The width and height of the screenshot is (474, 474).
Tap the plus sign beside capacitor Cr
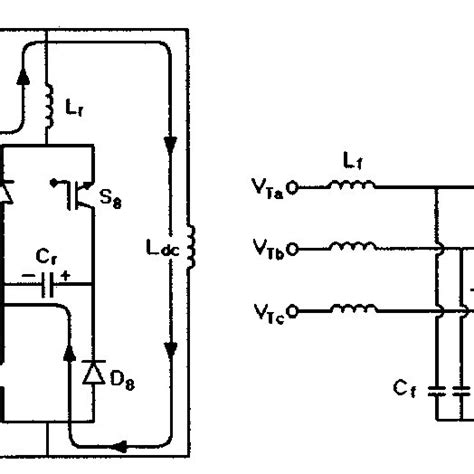[65, 273]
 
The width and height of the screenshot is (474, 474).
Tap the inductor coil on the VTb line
[355, 246]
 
